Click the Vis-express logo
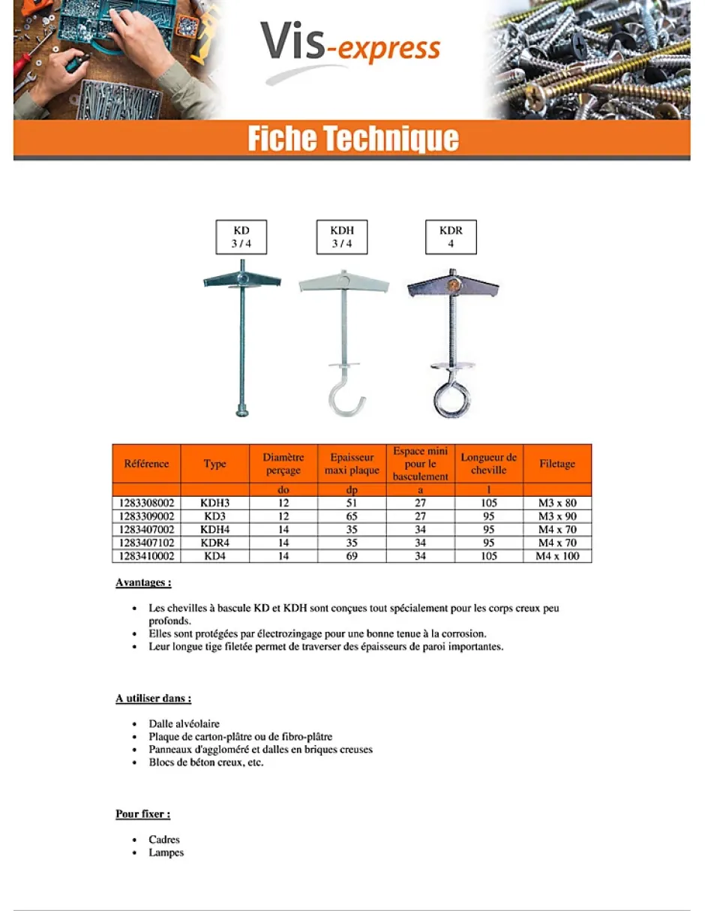tap(351, 47)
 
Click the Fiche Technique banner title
tap(352, 140)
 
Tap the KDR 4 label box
tap(451, 237)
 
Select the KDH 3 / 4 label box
tap(341, 237)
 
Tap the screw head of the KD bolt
tap(241, 410)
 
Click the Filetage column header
tap(557, 464)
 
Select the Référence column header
tap(146, 464)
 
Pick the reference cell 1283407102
tap(146, 543)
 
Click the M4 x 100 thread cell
tap(557, 556)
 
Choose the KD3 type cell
tap(214, 516)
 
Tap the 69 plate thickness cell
tap(352, 556)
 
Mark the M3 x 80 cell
tap(557, 503)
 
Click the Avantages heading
tap(143, 582)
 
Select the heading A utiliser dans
tap(153, 699)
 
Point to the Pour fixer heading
tap(142, 814)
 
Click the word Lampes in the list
tap(166, 852)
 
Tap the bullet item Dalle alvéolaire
tap(184, 724)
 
